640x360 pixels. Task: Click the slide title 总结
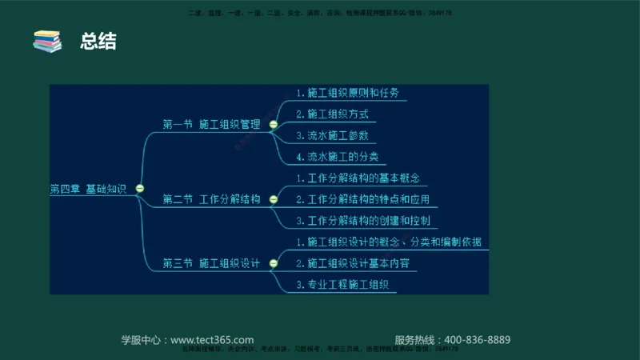[x=98, y=42]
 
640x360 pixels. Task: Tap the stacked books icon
[x=47, y=42]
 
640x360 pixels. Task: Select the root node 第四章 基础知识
[x=88, y=189]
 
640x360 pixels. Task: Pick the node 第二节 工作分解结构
[x=212, y=198]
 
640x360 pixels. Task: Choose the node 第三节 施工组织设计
[x=212, y=262]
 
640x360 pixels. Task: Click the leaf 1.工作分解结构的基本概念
[x=358, y=178]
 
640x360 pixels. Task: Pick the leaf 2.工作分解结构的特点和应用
[x=368, y=199]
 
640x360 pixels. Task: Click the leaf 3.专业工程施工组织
[x=342, y=284]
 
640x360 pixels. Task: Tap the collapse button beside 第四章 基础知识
[x=140, y=189]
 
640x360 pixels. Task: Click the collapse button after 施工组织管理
[x=274, y=125]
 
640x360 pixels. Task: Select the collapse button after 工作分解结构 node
[x=274, y=199]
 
